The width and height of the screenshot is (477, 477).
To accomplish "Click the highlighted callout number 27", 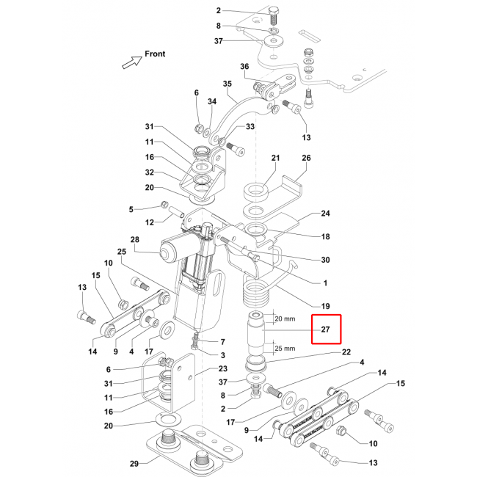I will pyautogui.click(x=327, y=330).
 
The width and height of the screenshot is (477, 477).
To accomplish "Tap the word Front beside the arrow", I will pyautogui.click(x=155, y=54).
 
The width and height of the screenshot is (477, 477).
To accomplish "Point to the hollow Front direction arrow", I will pyautogui.click(x=131, y=62).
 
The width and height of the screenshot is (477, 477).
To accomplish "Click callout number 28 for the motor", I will pyautogui.click(x=134, y=240).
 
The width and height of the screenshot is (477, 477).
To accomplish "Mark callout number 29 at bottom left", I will pyautogui.click(x=134, y=462).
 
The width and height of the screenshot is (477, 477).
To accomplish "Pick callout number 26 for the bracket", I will pyautogui.click(x=306, y=158).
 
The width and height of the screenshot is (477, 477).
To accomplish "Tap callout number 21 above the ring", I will pyautogui.click(x=276, y=158).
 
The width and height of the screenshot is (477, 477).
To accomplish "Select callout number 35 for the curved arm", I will pyautogui.click(x=227, y=84).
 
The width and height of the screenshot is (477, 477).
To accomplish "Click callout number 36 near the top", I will pyautogui.click(x=244, y=68).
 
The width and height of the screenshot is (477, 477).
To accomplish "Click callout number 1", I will pyautogui.click(x=325, y=283).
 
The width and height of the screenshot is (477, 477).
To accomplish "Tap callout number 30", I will pyautogui.click(x=325, y=260).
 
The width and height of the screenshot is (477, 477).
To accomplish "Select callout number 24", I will pyautogui.click(x=326, y=214).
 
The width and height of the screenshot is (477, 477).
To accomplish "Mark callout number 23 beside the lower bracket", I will pyautogui.click(x=223, y=369).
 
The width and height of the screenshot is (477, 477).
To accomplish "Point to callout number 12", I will pyautogui.click(x=149, y=222).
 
